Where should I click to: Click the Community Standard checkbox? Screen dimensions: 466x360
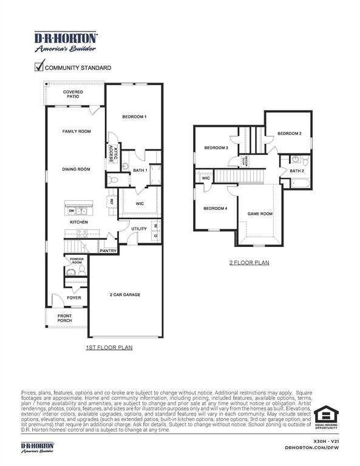(39, 67)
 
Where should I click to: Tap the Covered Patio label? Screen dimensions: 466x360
(73, 95)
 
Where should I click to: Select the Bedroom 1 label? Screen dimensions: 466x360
(134, 116)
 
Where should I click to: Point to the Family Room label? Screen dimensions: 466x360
(76, 131)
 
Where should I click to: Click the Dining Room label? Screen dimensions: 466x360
(76, 169)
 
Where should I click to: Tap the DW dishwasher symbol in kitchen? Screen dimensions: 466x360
(72, 211)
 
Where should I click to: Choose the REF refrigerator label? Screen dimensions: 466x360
(112, 203)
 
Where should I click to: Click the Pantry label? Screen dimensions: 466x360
(108, 251)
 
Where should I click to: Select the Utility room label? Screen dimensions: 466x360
(139, 229)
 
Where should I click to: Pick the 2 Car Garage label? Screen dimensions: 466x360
(125, 295)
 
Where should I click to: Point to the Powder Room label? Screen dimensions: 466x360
(76, 261)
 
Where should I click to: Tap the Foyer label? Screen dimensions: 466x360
(73, 298)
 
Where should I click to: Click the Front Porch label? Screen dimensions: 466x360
(64, 318)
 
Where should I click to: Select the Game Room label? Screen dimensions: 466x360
(259, 214)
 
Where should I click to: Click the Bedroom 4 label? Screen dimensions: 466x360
(216, 208)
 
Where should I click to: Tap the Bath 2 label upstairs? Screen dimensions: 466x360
(296, 171)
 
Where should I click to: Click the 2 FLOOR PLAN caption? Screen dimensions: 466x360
(249, 263)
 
